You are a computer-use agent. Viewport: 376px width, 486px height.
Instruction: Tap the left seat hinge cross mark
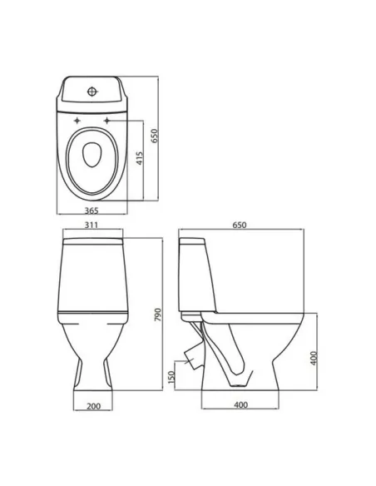pos(77,126)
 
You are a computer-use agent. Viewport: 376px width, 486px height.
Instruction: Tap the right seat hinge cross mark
pos(108,126)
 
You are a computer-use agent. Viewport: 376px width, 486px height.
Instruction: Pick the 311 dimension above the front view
pos(92,225)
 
